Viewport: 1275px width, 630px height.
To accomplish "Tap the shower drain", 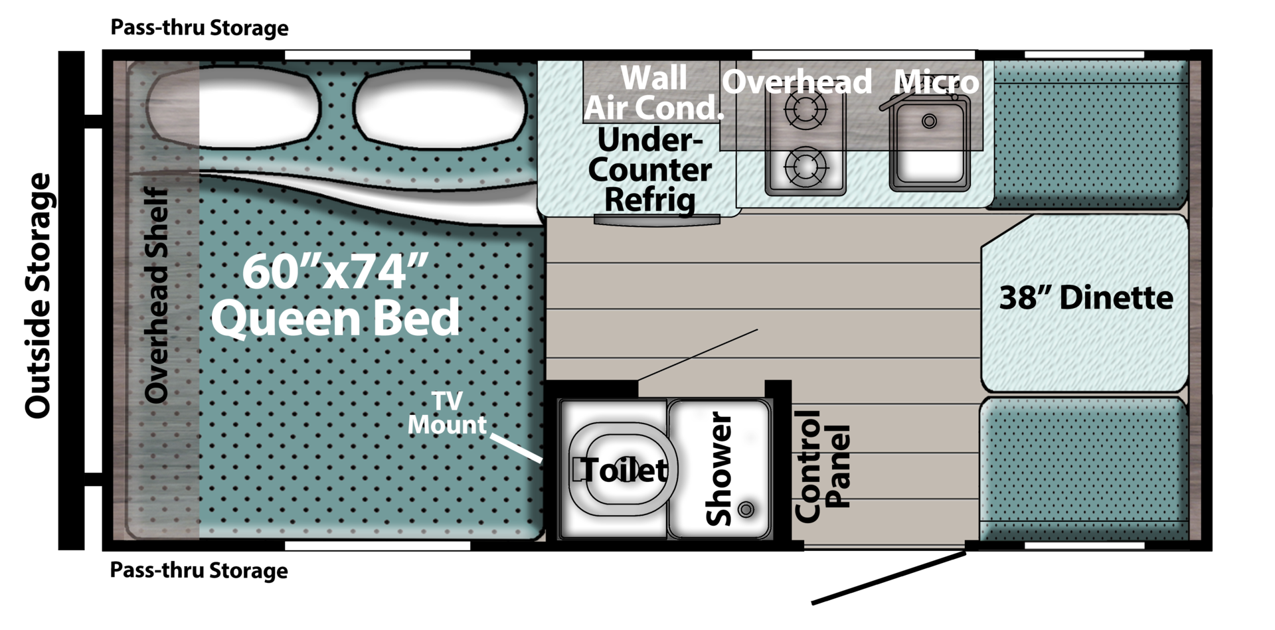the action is [x=746, y=509].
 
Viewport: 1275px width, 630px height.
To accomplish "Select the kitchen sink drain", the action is [x=929, y=121].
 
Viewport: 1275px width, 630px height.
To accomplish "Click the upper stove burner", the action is [x=806, y=110].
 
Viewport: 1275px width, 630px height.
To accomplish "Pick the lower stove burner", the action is [x=806, y=167].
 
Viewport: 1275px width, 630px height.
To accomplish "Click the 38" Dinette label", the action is [x=1086, y=297].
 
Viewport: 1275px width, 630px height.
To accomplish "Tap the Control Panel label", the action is [x=823, y=467].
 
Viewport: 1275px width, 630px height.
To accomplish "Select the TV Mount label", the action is [x=447, y=412].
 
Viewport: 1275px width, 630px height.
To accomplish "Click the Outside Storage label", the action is [x=38, y=295].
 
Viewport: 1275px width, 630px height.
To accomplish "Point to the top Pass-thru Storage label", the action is [x=199, y=28].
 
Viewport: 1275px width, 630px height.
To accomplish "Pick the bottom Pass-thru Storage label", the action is [x=199, y=570].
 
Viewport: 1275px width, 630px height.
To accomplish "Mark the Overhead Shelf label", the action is [x=157, y=295].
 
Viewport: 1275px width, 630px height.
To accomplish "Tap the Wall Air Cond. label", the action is [x=653, y=93].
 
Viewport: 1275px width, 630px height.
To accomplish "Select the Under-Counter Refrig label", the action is [x=649, y=170].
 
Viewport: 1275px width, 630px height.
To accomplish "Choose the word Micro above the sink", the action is [x=936, y=82].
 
